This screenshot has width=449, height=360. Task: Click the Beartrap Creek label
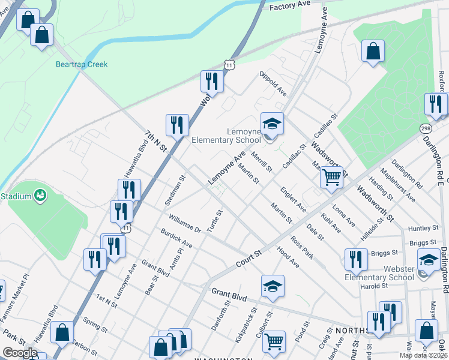click(82, 64)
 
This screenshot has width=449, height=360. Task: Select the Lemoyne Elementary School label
click(226, 136)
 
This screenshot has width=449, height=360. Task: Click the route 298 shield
click(425, 129)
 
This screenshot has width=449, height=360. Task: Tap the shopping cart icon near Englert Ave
click(331, 177)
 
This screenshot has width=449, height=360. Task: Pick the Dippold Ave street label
click(273, 83)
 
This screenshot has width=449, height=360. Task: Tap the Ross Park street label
click(301, 247)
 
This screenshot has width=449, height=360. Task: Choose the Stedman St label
click(176, 190)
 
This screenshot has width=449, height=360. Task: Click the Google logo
click(20, 352)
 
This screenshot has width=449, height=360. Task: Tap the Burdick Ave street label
click(176, 238)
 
